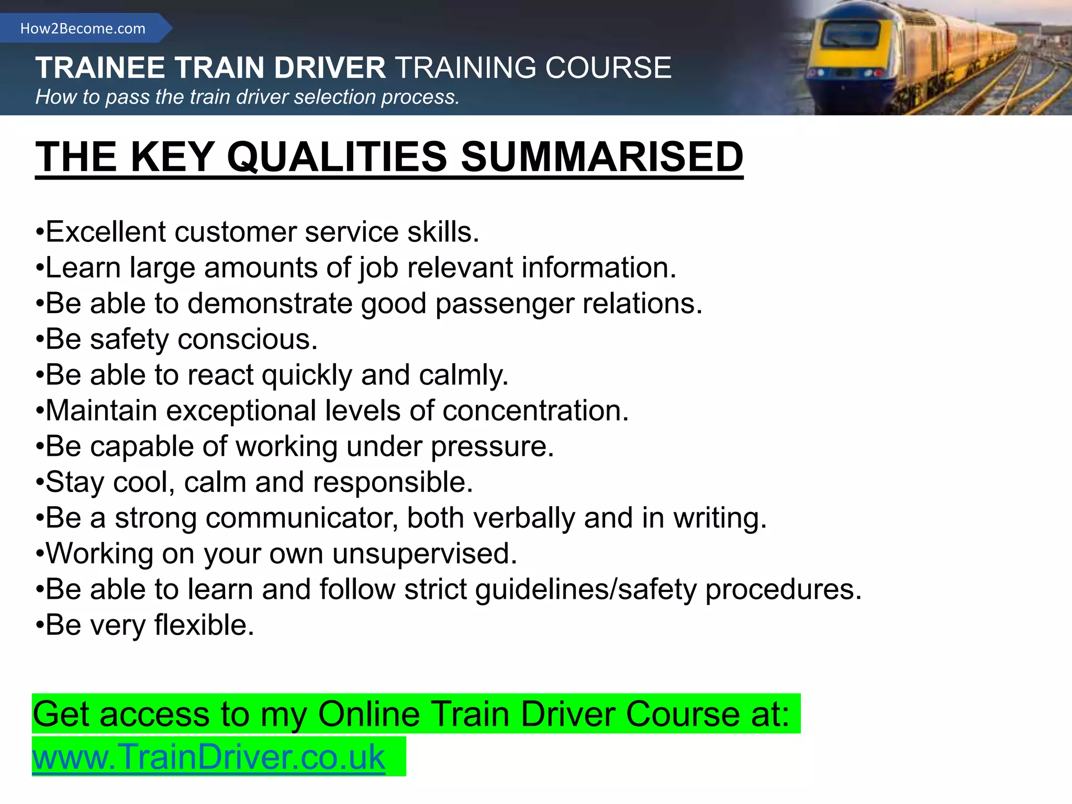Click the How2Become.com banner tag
point(83,28)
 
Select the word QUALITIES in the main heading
point(337,157)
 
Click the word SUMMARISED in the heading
point(602,157)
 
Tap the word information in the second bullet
point(599,267)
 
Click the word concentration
point(535,410)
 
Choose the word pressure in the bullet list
point(492,447)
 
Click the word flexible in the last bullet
point(204,625)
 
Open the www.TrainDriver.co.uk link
point(209,757)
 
